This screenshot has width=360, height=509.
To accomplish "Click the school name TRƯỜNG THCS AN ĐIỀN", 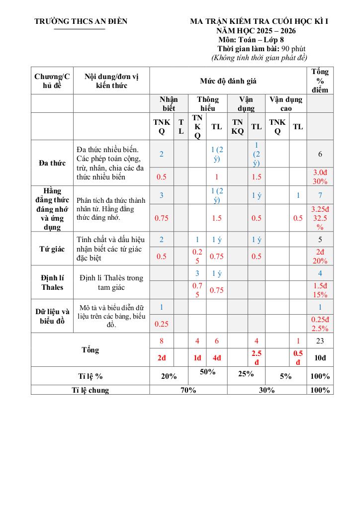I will pyautogui.click(x=81, y=21).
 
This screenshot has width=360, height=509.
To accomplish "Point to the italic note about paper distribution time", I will pyautogui.click(x=259, y=58).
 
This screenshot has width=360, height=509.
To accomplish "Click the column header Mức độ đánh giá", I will pyautogui.click(x=228, y=81).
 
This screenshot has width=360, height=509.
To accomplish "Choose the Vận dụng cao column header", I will pyautogui.click(x=285, y=103).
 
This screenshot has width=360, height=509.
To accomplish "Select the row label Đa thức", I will pyautogui.click(x=52, y=163).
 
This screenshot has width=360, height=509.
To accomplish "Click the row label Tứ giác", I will pyautogui.click(x=52, y=249).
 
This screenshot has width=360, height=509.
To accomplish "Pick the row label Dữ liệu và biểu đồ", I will pyautogui.click(x=52, y=316).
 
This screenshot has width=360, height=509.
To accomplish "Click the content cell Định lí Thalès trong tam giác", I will pyautogui.click(x=111, y=282).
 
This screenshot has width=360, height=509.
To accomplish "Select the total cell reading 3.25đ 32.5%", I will pyautogui.click(x=320, y=218).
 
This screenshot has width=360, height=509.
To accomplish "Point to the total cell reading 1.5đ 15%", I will pyautogui.click(x=320, y=290).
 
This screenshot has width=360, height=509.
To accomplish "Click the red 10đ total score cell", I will pyautogui.click(x=320, y=358).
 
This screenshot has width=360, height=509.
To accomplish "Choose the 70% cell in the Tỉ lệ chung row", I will pyautogui.click(x=188, y=390).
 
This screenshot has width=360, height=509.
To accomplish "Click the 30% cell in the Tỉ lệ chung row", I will pyautogui.click(x=267, y=390).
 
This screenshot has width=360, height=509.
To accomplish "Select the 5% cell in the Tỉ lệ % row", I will pyautogui.click(x=285, y=376).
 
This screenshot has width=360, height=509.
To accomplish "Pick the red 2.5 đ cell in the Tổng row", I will pyautogui.click(x=256, y=358).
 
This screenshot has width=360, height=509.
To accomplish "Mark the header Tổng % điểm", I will pyautogui.click(x=320, y=81).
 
